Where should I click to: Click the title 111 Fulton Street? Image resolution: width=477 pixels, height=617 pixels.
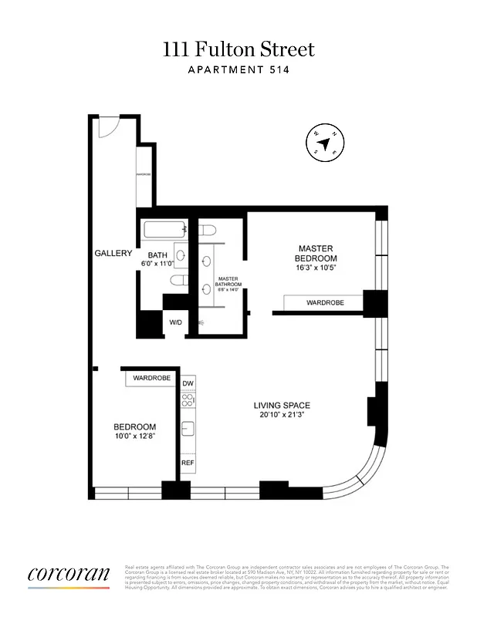[x=238, y=49]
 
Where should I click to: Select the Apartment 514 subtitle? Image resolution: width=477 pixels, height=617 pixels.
[x=238, y=70]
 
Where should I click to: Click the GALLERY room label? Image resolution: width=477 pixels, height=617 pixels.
[x=113, y=253]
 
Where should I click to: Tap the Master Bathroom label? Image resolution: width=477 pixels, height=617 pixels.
[x=227, y=282]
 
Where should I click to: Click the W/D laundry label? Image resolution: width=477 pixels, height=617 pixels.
[x=175, y=322]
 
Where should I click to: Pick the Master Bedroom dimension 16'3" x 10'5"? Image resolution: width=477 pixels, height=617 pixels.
[x=317, y=267]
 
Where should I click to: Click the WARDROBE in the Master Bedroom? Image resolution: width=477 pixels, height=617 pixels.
[x=324, y=303]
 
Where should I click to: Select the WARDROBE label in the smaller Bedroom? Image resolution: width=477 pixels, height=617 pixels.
[x=151, y=379]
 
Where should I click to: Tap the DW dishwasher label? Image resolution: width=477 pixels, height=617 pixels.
[x=188, y=383]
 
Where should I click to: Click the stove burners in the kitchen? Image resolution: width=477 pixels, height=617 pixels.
[x=188, y=400]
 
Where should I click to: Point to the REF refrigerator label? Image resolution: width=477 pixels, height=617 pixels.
[x=188, y=463]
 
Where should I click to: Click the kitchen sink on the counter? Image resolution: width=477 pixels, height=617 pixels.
[x=188, y=429]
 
